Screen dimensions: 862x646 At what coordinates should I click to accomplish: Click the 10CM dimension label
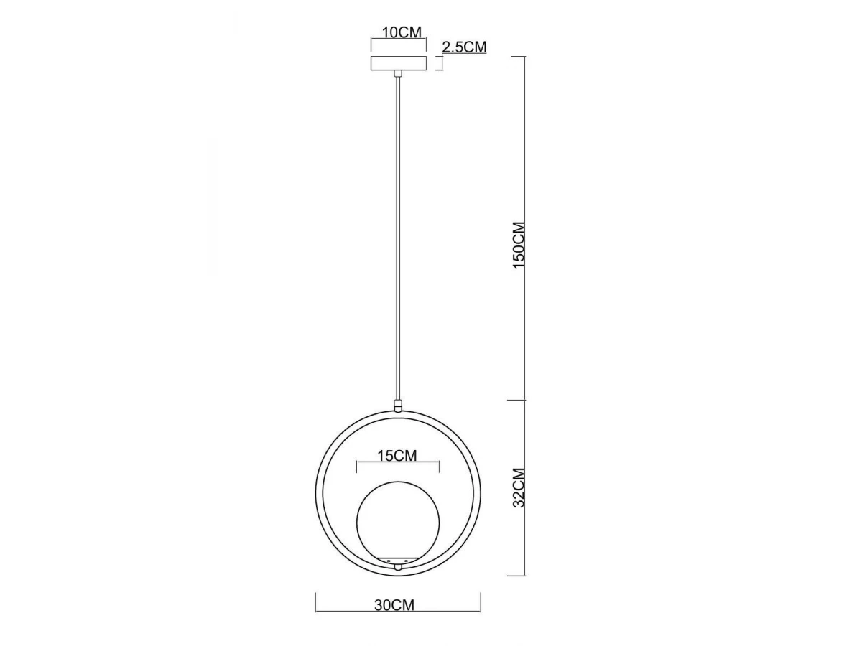tap(402, 32)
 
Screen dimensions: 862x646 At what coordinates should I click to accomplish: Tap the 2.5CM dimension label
tap(464, 47)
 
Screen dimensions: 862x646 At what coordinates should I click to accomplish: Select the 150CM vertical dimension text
tap(519, 245)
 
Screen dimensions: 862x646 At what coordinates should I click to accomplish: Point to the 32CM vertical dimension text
tap(519, 487)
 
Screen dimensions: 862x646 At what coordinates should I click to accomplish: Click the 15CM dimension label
tap(397, 456)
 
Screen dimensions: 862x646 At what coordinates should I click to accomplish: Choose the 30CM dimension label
tap(394, 605)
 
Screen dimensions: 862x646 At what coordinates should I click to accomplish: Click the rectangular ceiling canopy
tap(398, 64)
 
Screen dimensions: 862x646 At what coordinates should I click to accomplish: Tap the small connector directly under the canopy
tap(398, 74)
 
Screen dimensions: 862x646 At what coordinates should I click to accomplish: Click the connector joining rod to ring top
tap(398, 405)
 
